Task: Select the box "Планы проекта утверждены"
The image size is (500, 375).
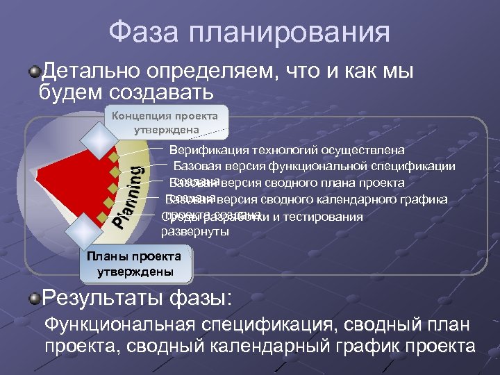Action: tap(135, 264)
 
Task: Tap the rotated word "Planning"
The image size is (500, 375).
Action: tap(129, 196)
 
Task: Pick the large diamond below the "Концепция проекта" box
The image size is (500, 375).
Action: tap(96, 140)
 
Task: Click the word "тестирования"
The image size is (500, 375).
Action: tap(326, 217)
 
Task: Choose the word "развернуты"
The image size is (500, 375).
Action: tap(195, 232)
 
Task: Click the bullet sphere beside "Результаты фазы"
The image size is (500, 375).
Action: tap(35, 299)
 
